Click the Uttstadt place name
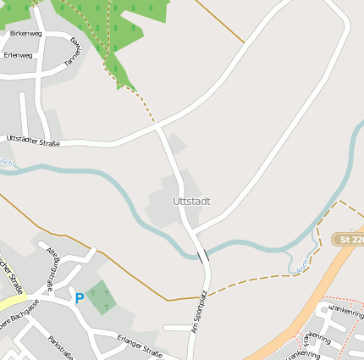190,202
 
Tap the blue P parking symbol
80,297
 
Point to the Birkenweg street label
25,33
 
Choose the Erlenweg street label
18,55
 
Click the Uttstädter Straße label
33,141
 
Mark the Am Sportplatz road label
199,312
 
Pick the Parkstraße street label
63,346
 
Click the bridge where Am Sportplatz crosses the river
203,255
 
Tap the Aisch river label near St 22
302,266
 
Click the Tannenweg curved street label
76,52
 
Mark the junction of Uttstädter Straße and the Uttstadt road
159,128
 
